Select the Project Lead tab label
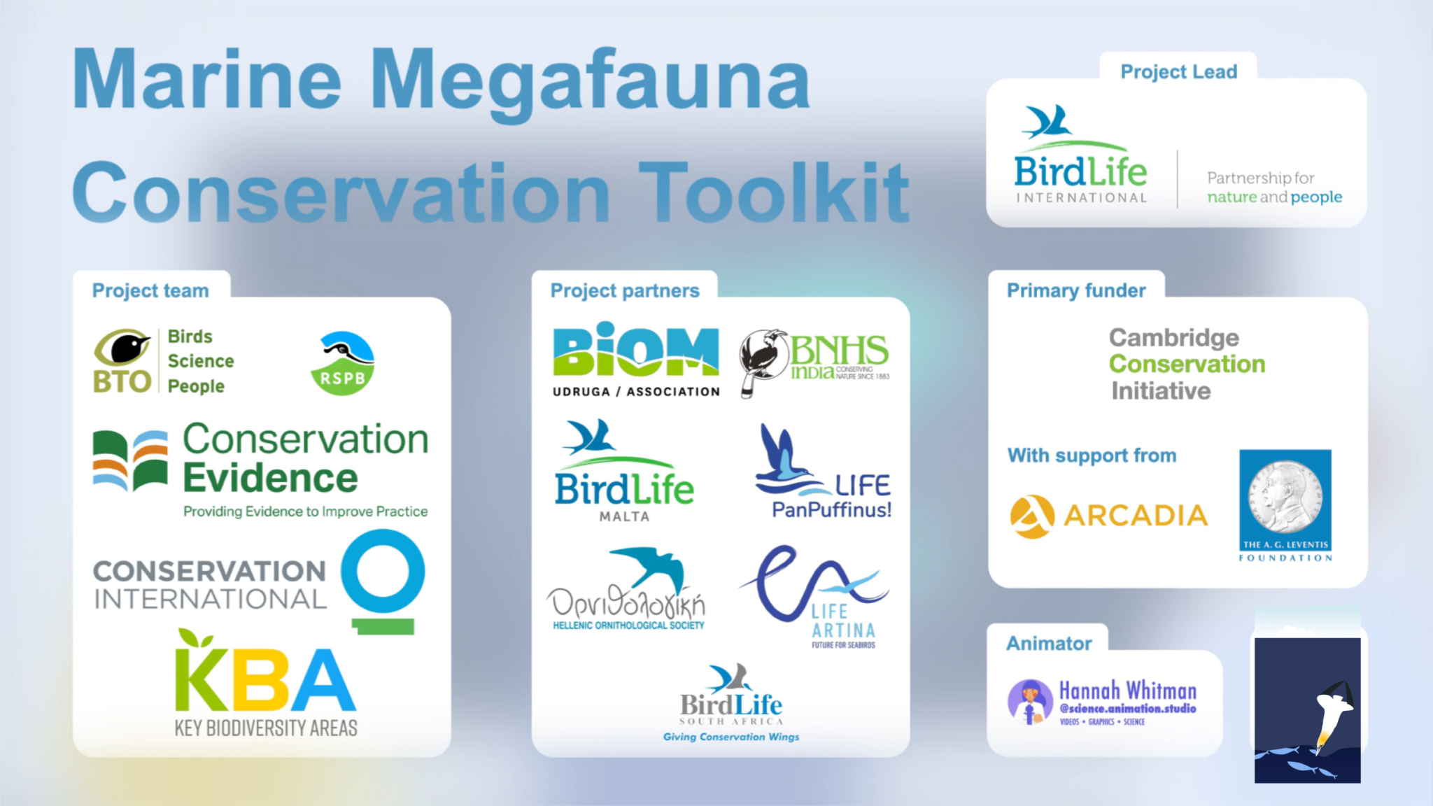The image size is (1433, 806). (x=1178, y=72)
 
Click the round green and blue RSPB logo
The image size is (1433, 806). (x=342, y=363)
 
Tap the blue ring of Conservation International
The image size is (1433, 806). (x=383, y=572)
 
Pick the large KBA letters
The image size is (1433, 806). (x=265, y=678)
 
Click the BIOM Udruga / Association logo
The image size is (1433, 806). (x=635, y=360)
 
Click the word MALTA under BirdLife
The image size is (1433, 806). (x=624, y=517)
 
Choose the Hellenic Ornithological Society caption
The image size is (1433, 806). (x=628, y=625)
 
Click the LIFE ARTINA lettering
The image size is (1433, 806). (x=843, y=621)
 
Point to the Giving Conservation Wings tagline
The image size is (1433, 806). (x=730, y=737)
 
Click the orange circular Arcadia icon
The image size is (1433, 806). (x=1031, y=516)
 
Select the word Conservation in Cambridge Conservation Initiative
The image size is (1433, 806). (x=1187, y=365)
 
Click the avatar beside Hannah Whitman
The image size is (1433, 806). (x=1030, y=701)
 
